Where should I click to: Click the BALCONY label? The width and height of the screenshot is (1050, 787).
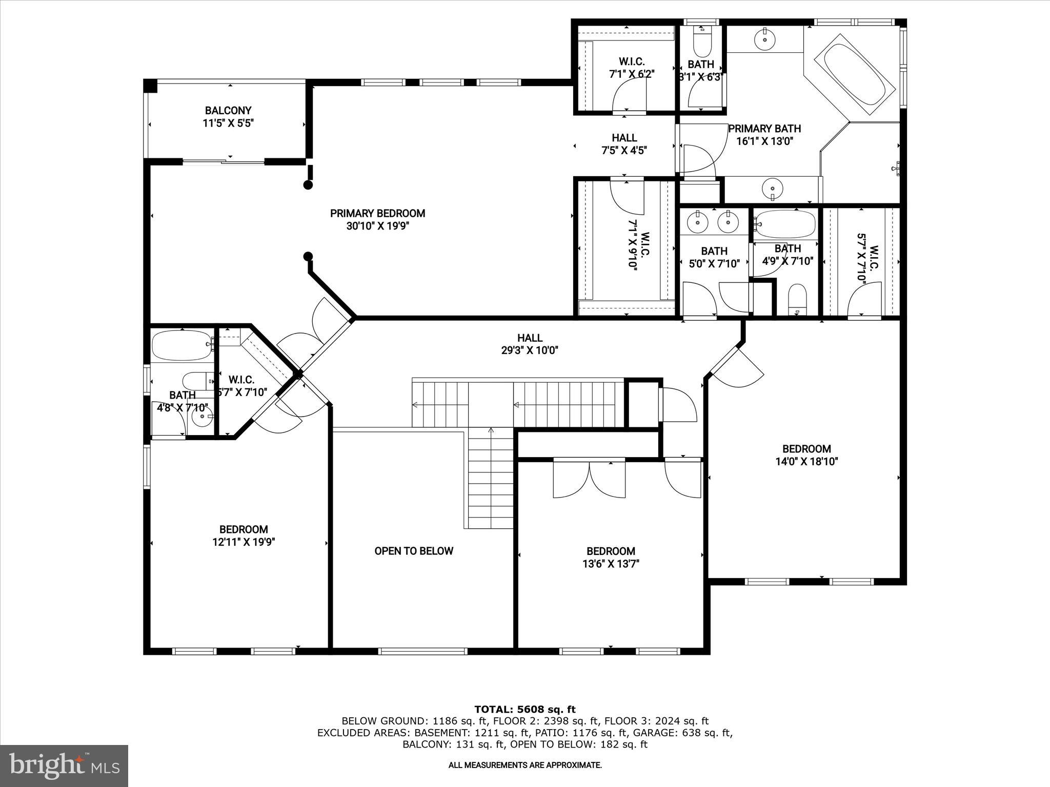tap(228, 111)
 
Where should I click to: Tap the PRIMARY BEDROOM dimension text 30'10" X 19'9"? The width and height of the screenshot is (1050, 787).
tap(377, 226)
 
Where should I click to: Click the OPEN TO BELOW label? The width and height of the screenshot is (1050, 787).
tap(414, 551)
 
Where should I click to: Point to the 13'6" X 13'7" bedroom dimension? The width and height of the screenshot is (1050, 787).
tap(611, 564)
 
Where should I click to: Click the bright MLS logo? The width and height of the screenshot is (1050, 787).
tap(64, 766)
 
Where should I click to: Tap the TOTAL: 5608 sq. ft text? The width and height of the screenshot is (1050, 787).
tap(524, 710)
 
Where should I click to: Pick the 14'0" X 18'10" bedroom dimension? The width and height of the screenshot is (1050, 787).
tap(806, 462)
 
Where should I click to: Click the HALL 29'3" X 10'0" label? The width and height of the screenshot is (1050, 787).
tap(530, 344)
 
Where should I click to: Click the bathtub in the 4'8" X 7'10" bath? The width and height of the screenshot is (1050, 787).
tap(181, 345)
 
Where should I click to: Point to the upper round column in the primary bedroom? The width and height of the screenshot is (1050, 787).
tap(308, 185)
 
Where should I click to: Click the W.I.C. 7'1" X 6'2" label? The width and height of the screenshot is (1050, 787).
tap(632, 68)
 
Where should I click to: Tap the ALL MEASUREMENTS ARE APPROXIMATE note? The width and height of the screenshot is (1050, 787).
tap(524, 765)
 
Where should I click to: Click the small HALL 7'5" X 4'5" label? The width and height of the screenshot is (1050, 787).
tap(624, 144)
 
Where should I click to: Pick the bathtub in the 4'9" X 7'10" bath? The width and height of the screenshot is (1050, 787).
tap(785, 224)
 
